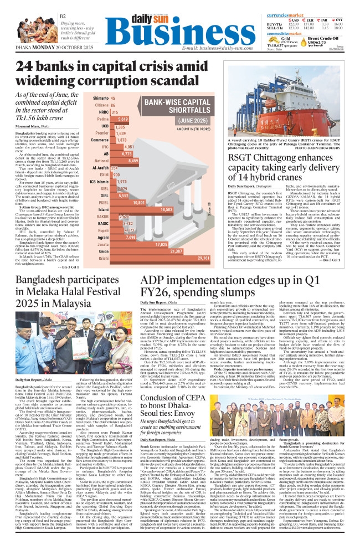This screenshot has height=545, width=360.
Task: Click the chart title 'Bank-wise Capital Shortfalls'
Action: pos(178,106)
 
